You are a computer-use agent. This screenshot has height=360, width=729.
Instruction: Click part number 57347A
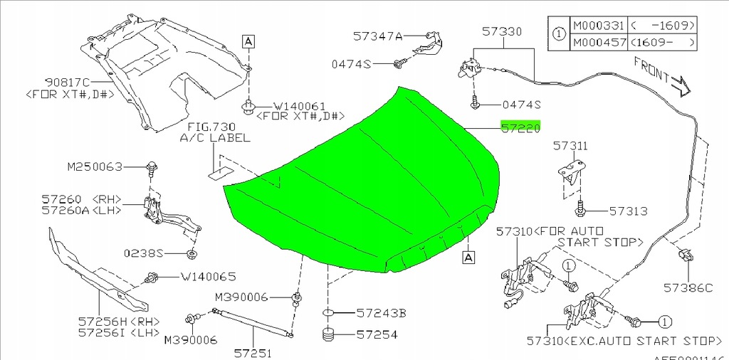point(378,35)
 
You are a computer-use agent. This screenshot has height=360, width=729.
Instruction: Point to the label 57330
point(501,32)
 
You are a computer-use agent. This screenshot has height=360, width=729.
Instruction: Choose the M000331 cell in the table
point(598,26)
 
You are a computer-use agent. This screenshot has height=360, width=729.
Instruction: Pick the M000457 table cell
point(598,43)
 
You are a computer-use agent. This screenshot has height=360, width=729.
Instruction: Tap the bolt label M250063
point(95,167)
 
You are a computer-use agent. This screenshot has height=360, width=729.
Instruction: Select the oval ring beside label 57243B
point(327,312)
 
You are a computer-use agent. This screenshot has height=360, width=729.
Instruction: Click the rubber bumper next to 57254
point(328,334)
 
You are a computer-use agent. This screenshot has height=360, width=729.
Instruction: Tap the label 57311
point(572,146)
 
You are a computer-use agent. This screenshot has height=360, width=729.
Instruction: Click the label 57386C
point(688,288)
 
